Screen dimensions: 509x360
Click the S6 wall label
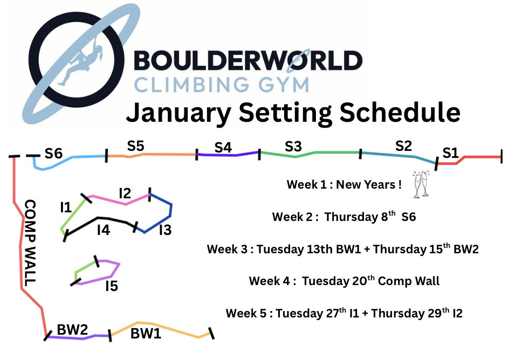tap(53, 154)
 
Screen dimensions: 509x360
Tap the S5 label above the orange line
tap(135, 146)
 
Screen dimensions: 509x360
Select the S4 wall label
tap(223, 148)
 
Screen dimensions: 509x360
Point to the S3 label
tap(293, 147)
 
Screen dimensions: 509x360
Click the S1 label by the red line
tap(450, 153)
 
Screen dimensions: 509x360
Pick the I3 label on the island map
tap(165, 230)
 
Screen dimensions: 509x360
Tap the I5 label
tap(112, 286)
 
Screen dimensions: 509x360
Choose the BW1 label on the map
tap(146, 334)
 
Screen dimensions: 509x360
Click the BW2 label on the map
tap(72, 329)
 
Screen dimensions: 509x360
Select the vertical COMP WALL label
tap(30, 243)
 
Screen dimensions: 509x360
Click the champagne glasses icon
tap(421, 184)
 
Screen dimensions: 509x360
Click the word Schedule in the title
tap(400, 112)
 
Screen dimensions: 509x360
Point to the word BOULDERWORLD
tap(248, 60)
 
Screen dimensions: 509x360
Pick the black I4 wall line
tap(98, 218)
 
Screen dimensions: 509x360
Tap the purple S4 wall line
tap(227, 155)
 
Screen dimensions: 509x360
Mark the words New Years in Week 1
tap(366, 184)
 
